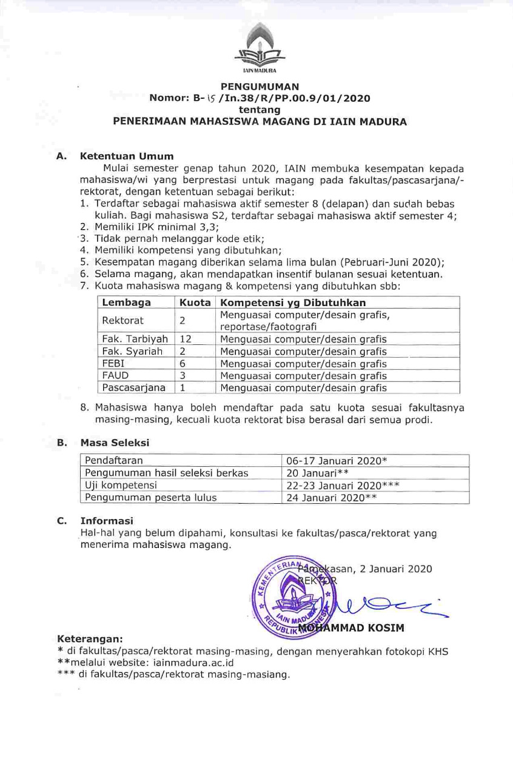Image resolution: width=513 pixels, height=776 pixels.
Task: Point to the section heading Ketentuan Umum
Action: point(127,156)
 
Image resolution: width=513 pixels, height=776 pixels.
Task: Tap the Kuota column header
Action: point(195,303)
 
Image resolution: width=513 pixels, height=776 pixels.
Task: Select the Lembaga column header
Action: point(126,303)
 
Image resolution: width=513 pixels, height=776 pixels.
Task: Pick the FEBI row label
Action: point(112,364)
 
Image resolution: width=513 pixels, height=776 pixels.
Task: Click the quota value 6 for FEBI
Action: point(182,364)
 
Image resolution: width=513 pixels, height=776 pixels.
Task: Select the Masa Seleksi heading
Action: point(115,443)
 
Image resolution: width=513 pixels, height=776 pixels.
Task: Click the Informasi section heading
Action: point(107,520)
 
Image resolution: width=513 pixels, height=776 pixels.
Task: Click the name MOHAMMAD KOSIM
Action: point(357,627)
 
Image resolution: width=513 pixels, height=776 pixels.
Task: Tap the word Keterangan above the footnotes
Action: point(90,639)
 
